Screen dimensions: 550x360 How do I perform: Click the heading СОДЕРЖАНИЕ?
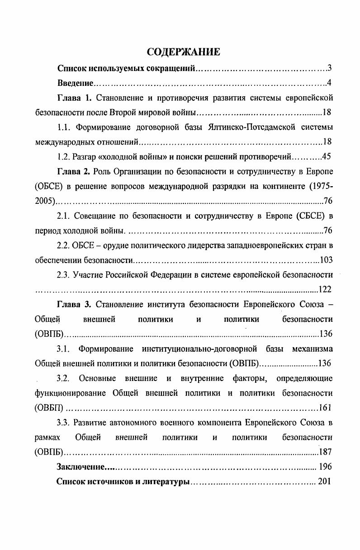[184, 52]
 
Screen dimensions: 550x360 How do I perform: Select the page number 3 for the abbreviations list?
[330, 69]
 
